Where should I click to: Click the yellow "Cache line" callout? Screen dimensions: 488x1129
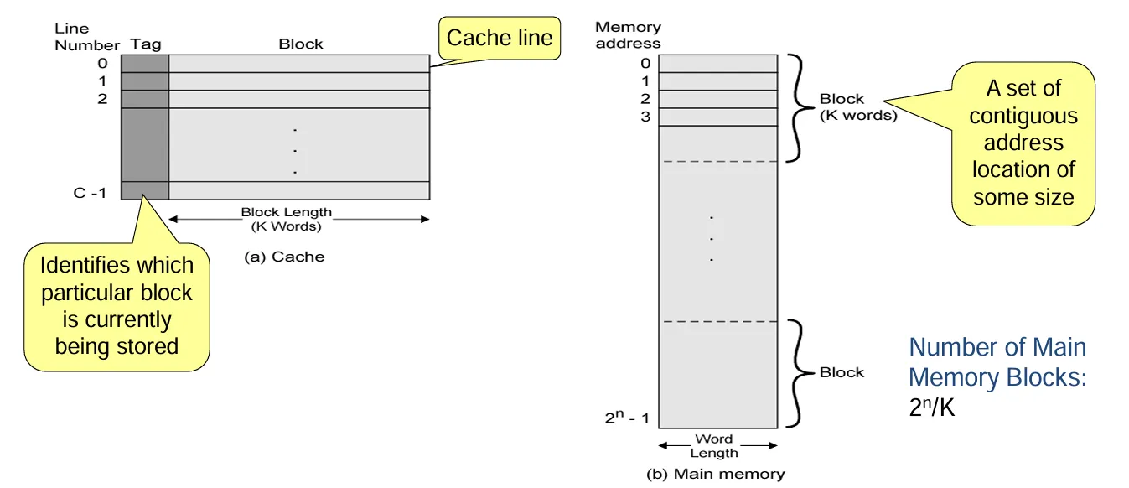point(500,39)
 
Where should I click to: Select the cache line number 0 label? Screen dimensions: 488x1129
point(103,63)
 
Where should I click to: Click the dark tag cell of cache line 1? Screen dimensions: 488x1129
point(145,81)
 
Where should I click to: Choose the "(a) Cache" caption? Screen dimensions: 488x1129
point(284,257)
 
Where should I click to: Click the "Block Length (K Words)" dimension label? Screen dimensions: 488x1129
point(287,219)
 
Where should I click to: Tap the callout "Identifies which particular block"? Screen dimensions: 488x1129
point(117,306)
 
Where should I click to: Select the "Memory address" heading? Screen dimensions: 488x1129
point(628,35)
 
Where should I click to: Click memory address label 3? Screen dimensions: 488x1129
point(645,117)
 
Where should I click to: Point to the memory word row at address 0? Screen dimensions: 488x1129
point(718,64)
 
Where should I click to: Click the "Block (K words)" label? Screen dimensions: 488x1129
point(857,107)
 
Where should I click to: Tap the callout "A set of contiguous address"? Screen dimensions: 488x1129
point(1023,143)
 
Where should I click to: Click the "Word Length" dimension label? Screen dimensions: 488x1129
point(714,446)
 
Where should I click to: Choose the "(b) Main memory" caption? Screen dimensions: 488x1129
point(715,474)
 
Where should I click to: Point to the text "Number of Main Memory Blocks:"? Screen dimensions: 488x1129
point(997,362)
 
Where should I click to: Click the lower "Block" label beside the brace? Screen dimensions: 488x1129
point(842,372)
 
